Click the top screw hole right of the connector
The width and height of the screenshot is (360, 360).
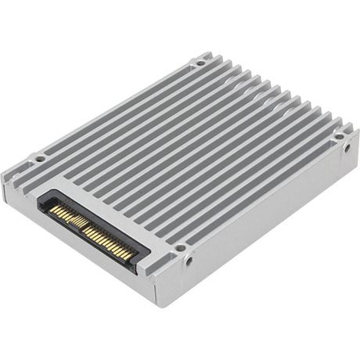click(180, 248)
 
